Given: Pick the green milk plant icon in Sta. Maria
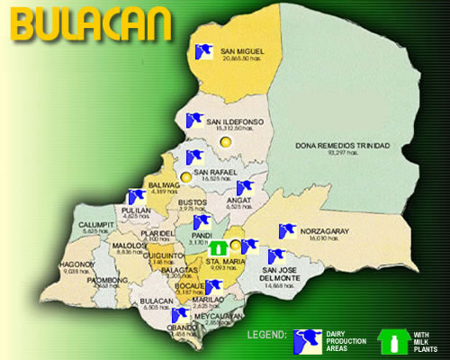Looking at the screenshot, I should click(x=218, y=247).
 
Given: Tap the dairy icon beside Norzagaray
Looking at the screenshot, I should click(x=286, y=232).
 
